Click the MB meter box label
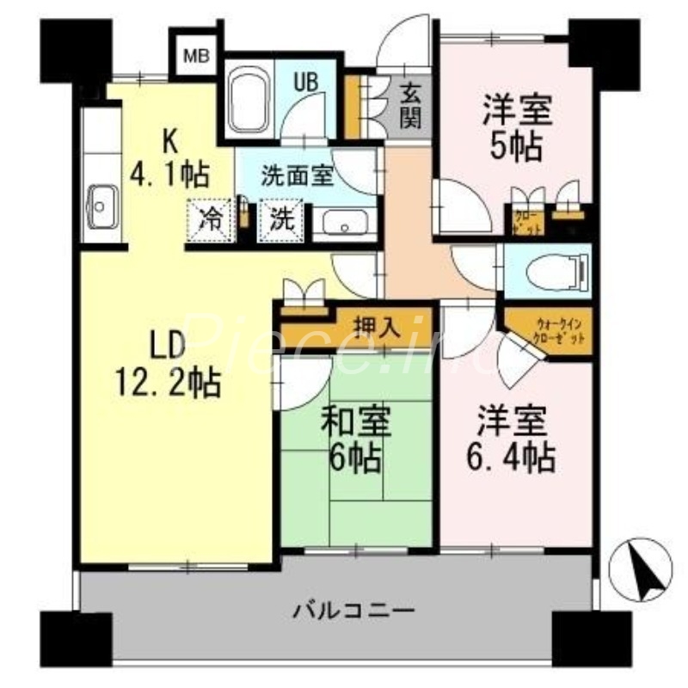click(196, 57)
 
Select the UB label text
click(307, 82)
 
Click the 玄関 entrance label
click(410, 105)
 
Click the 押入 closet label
click(377, 327)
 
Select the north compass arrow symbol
click(640, 568)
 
